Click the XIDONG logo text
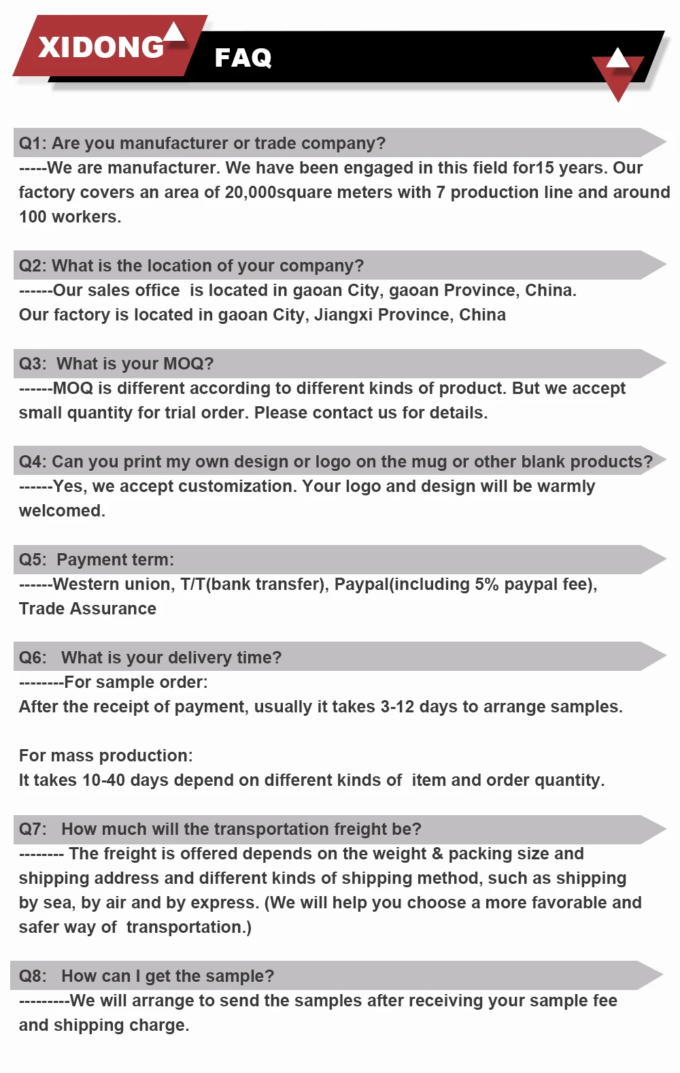pyautogui.click(x=101, y=47)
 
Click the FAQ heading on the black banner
pyautogui.click(x=243, y=58)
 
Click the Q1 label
pyautogui.click(x=32, y=144)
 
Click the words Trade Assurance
pyautogui.click(x=88, y=609)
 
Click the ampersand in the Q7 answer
pyautogui.click(x=437, y=854)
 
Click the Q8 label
pyautogui.click(x=32, y=976)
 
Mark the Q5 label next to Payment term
pyautogui.click(x=32, y=560)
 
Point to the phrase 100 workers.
pyautogui.click(x=70, y=217)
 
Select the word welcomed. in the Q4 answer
pyautogui.click(x=62, y=511)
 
